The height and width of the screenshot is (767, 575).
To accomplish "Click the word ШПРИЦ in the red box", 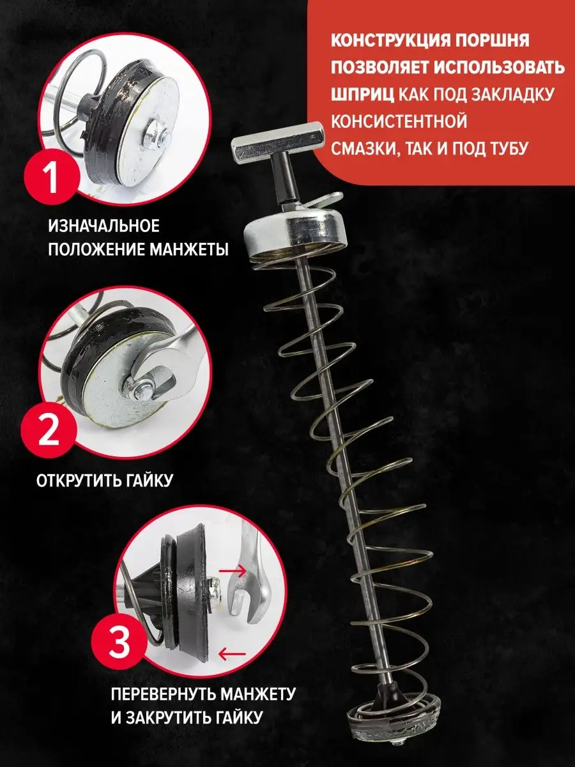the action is tap(362, 95).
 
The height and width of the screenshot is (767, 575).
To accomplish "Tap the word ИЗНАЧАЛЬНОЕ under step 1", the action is tap(103, 226).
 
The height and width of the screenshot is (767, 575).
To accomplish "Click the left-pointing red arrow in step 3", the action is tap(232, 653).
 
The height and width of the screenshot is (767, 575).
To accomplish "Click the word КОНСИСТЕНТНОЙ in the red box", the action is tap(399, 121).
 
